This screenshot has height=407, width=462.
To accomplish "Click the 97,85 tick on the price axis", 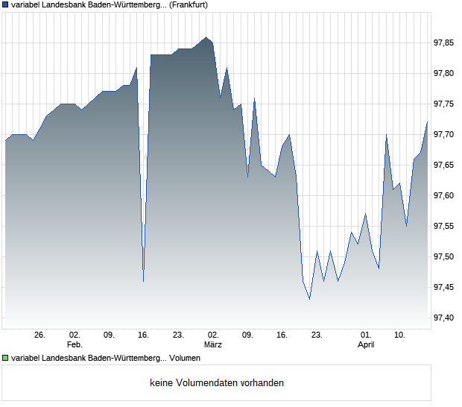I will [445, 42].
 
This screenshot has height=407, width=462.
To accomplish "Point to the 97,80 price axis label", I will [445, 73].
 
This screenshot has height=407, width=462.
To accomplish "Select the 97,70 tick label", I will [445, 134].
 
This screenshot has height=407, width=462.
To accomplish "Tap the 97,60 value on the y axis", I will [445, 195].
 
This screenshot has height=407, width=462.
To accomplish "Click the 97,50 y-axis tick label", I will [445, 256].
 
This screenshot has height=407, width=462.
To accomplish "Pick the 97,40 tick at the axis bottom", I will [445, 318].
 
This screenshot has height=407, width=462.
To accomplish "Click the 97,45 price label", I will [445, 287].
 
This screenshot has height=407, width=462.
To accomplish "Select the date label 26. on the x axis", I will [39, 335].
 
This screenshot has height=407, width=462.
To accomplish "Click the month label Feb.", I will [74, 344].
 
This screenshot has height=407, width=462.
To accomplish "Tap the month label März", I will [213, 344].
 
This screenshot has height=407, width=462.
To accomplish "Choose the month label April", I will [366, 344].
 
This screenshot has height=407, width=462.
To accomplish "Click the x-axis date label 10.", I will [400, 335].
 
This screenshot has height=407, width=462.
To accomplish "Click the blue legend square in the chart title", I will [6, 5].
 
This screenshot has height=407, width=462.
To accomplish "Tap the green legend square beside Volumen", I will [6, 358].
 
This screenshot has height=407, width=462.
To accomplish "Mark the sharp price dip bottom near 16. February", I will [143, 281].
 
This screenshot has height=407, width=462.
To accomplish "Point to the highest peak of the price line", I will [206, 37].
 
